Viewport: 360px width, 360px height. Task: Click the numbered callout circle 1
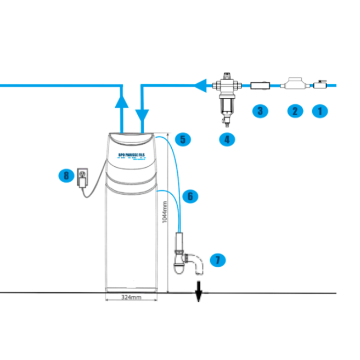(x=320, y=110)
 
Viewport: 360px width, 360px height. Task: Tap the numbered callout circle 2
(x=295, y=110)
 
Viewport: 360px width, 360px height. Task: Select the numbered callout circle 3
(x=260, y=110)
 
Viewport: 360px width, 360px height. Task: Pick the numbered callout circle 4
(x=226, y=139)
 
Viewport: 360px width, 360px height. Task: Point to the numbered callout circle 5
(x=184, y=139)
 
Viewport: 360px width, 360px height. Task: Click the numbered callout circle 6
(x=188, y=195)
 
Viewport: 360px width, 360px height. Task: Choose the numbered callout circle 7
(x=218, y=259)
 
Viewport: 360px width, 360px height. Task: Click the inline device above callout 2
(x=295, y=85)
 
